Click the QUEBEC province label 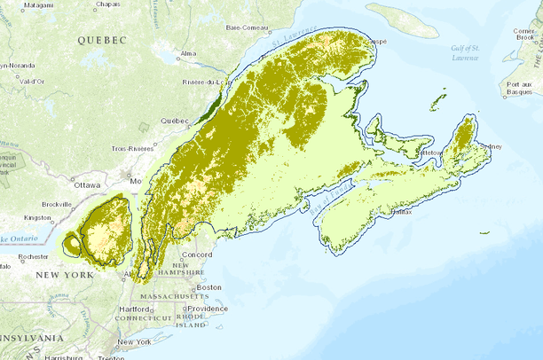click(x=102, y=40)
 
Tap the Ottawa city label click(x=88, y=185)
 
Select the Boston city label click(x=210, y=287)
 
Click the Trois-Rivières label click(x=132, y=149)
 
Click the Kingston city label click(x=38, y=216)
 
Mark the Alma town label click(x=188, y=54)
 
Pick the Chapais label click(x=107, y=4)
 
